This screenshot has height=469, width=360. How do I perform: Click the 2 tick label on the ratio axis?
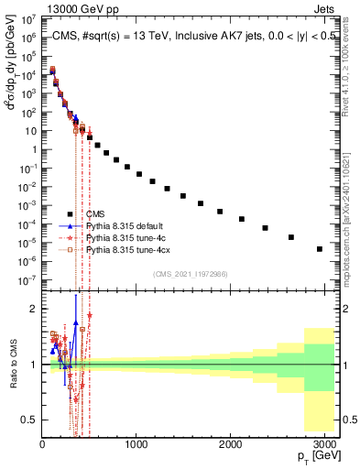34,309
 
